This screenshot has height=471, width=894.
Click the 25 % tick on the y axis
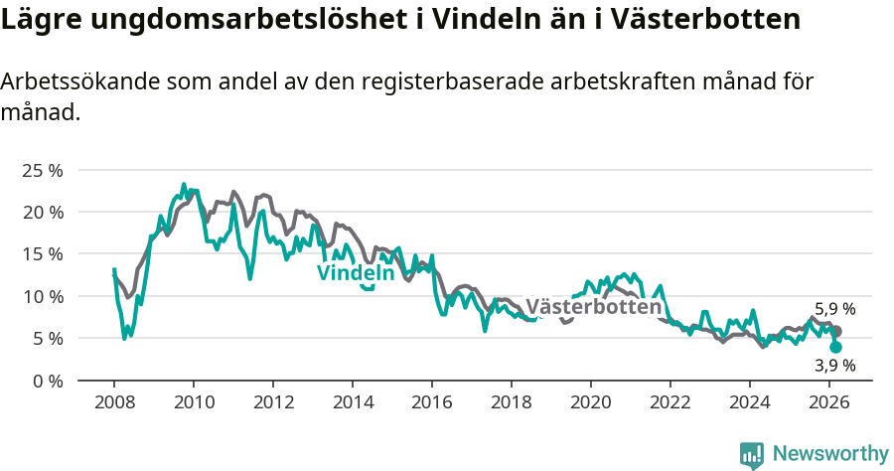click(x=42, y=170)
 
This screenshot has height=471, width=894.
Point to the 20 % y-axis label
click(x=42, y=212)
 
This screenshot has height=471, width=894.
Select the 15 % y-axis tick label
click(x=42, y=253)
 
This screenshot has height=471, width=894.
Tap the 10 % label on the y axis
click(x=42, y=296)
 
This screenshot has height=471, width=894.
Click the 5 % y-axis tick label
click(x=47, y=338)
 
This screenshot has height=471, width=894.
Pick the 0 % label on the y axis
click(x=47, y=381)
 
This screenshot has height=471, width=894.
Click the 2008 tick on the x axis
click(x=114, y=402)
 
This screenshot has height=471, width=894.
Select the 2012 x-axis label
click(x=273, y=402)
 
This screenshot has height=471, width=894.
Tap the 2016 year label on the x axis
click(x=432, y=402)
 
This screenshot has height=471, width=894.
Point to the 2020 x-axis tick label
click(x=591, y=402)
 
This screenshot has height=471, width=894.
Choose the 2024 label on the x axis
click(x=750, y=402)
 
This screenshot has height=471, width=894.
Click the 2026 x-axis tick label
click(x=829, y=402)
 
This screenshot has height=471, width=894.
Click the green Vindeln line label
click(x=356, y=273)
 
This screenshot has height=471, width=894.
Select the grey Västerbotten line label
click(x=593, y=307)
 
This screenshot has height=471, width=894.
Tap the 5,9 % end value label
click(x=834, y=309)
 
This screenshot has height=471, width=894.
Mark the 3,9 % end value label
click(x=834, y=366)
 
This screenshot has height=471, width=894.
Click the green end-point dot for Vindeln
click(x=836, y=348)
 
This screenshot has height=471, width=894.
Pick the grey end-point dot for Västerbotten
click(x=836, y=331)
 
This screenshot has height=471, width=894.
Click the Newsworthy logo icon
click(x=752, y=454)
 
